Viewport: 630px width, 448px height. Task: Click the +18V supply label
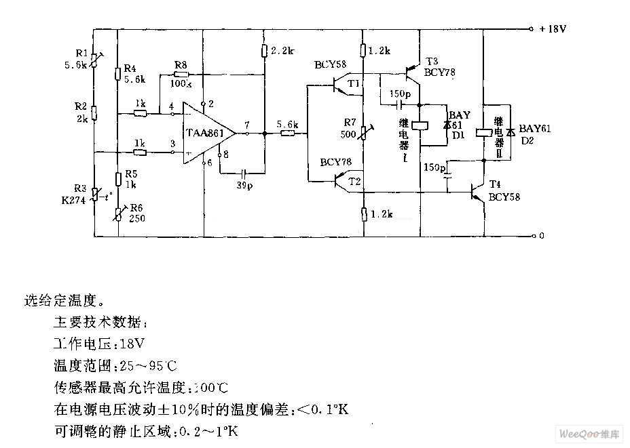(x=553, y=30)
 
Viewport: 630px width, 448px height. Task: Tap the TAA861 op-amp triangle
(x=207, y=134)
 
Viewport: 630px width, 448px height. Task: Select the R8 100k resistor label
(x=180, y=71)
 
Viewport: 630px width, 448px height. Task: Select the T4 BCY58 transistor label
(x=504, y=192)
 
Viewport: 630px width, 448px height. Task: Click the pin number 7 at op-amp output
(x=247, y=125)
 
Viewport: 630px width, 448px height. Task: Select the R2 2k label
(x=81, y=112)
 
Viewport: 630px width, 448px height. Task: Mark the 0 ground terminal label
(x=541, y=237)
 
